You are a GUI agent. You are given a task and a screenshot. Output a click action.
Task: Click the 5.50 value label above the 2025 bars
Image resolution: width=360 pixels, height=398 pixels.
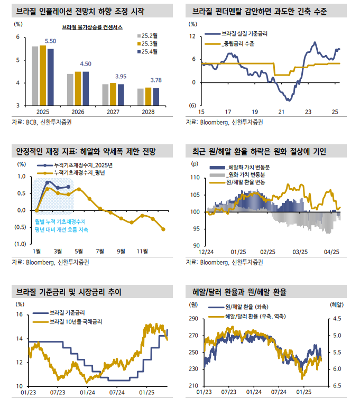pyautogui.click(x=51, y=41)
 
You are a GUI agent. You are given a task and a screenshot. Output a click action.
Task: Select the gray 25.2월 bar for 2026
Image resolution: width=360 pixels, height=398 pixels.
pyautogui.click(x=70, y=89)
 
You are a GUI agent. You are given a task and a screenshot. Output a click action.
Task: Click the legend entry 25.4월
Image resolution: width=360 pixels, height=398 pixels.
pyautogui.click(x=153, y=52)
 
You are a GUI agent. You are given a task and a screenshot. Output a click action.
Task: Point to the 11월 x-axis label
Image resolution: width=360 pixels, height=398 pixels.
pyautogui.click(x=142, y=251)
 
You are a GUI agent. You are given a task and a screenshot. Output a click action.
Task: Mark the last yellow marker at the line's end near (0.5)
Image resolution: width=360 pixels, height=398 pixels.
pyautogui.click(x=163, y=229)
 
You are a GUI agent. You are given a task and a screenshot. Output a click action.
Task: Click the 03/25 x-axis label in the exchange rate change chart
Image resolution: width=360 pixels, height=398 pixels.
pyautogui.click(x=301, y=252)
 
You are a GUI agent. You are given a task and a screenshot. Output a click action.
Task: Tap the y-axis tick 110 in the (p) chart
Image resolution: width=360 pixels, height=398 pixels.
pyautogui.click(x=194, y=178)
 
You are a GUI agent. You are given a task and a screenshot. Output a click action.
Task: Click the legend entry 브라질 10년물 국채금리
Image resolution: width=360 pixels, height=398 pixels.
pyautogui.click(x=76, y=321)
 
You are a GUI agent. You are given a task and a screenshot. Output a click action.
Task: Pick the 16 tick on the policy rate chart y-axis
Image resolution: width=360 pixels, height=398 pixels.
pyautogui.click(x=20, y=315)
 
